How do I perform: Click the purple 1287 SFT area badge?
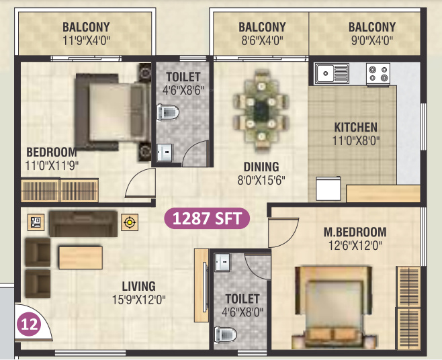(x=208, y=218)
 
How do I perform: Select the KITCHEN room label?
(x=355, y=127)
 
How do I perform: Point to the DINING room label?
(x=261, y=167)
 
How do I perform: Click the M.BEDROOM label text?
(x=355, y=232)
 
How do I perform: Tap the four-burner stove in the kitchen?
(x=378, y=73)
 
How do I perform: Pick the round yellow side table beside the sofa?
(x=130, y=222)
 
